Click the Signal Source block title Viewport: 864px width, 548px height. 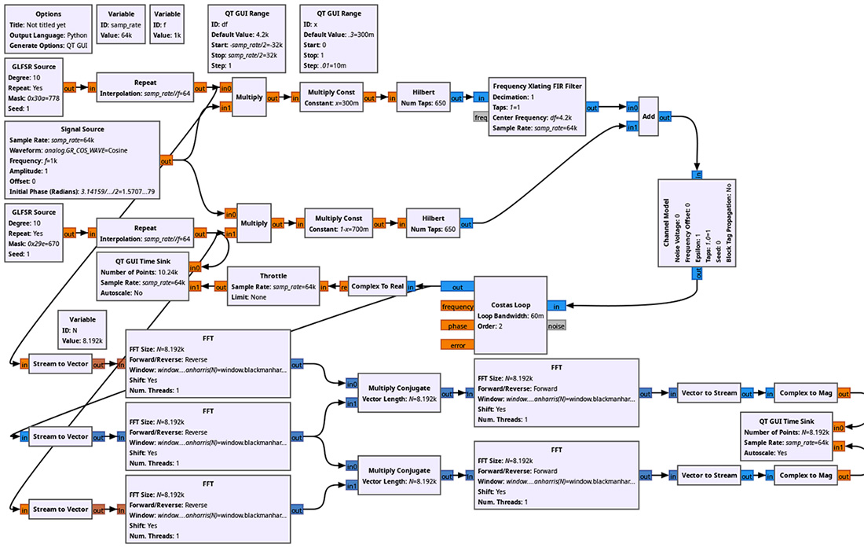tap(82, 129)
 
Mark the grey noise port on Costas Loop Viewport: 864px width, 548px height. tap(556, 325)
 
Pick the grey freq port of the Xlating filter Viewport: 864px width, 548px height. tap(481, 117)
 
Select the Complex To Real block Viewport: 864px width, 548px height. tap(377, 287)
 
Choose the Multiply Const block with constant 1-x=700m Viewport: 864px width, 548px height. tap(339, 223)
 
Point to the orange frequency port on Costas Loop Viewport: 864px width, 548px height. tap(458, 307)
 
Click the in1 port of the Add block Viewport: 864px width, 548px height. tap(632, 127)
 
